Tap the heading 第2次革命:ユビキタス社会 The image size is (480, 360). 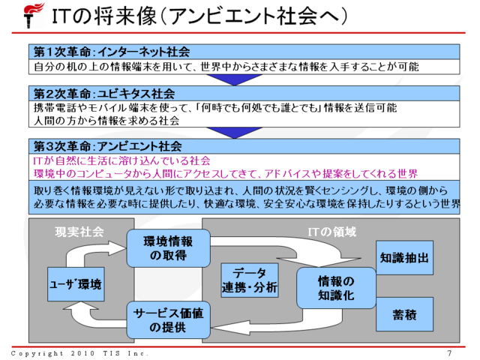tap(104, 94)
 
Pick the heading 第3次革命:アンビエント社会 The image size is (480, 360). tap(109, 145)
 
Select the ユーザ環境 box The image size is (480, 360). tap(75, 285)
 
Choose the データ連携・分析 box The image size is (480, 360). tap(250, 280)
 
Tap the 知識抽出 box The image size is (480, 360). tap(403, 259)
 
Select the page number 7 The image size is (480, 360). tap(449, 353)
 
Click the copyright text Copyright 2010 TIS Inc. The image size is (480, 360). tap(79, 353)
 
